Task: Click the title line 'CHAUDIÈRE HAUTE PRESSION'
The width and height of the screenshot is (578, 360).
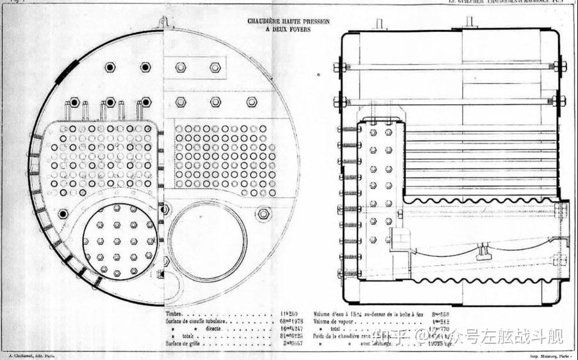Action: (x=288, y=21)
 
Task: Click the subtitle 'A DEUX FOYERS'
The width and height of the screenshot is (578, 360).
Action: (x=288, y=28)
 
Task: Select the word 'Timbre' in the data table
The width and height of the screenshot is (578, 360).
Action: (x=176, y=315)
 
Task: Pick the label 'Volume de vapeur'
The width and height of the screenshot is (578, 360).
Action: (x=334, y=322)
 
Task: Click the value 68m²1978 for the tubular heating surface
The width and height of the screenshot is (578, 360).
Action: (x=292, y=322)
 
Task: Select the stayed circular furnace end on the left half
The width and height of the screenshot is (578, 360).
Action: (x=119, y=241)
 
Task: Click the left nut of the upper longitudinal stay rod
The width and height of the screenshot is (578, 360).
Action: (x=340, y=67)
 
